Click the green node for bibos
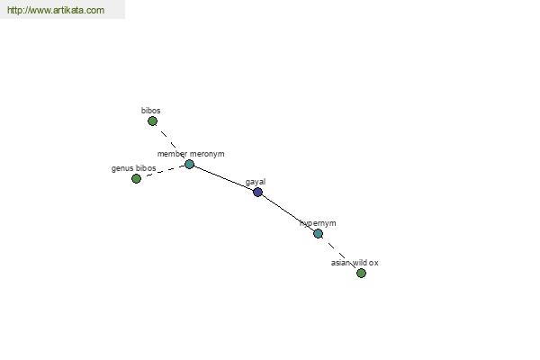pos(152,121)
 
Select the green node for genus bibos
pos(136,178)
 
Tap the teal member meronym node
pos(189,164)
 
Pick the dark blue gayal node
pos(257,192)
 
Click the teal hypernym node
pos(318,233)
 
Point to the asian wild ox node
pos(361,273)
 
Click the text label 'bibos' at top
pos(150,111)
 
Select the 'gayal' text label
pos(256,182)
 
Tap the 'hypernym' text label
pos(318,223)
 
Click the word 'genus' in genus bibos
pos(122,168)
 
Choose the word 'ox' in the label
pos(374,263)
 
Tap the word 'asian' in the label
pos(340,263)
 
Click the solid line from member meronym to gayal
pos(223,178)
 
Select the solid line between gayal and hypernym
pos(288,212)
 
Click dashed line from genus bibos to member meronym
pos(163,171)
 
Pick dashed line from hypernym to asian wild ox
pos(339,253)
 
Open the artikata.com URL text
pos(55,11)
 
